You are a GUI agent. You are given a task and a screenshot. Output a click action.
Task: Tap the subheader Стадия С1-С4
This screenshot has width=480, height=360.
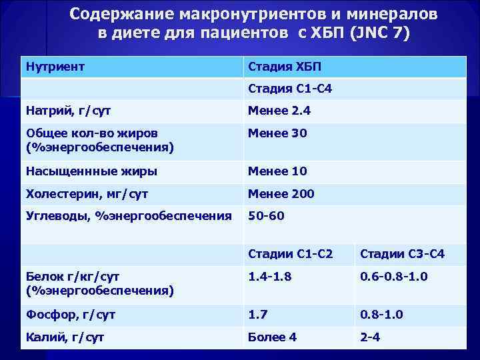[x=291, y=89]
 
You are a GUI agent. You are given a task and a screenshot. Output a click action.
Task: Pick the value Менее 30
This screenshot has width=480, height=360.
[x=277, y=133]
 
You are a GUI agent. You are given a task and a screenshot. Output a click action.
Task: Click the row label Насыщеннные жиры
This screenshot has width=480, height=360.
[x=91, y=171]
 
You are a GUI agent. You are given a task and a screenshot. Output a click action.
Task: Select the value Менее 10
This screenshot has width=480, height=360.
[x=277, y=171]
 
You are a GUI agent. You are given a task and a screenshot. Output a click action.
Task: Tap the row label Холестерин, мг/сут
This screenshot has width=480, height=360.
[x=86, y=194]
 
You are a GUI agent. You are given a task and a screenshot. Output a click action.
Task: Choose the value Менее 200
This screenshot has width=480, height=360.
[x=281, y=194]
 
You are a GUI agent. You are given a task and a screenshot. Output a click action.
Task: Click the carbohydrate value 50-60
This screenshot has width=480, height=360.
[x=266, y=216]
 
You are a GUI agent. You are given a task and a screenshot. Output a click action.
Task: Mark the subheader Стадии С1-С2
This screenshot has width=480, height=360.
[x=290, y=254]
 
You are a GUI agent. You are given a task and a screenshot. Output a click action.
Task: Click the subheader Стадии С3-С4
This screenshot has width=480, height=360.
[x=402, y=254]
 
